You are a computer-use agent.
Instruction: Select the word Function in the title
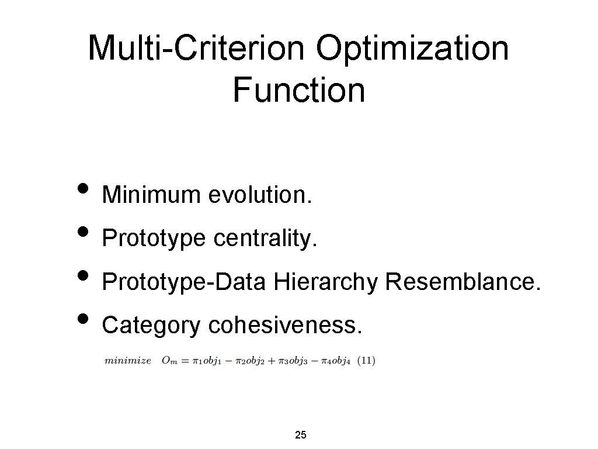pos(298,90)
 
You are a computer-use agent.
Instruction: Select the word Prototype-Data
pos(184,282)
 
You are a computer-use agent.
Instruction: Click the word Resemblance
pos(464,282)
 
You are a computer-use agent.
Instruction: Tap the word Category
pos(151,326)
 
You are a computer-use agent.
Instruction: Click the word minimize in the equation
pos(128,361)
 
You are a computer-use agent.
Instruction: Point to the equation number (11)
pos(366,361)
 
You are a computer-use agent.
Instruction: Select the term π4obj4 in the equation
pos(335,361)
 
